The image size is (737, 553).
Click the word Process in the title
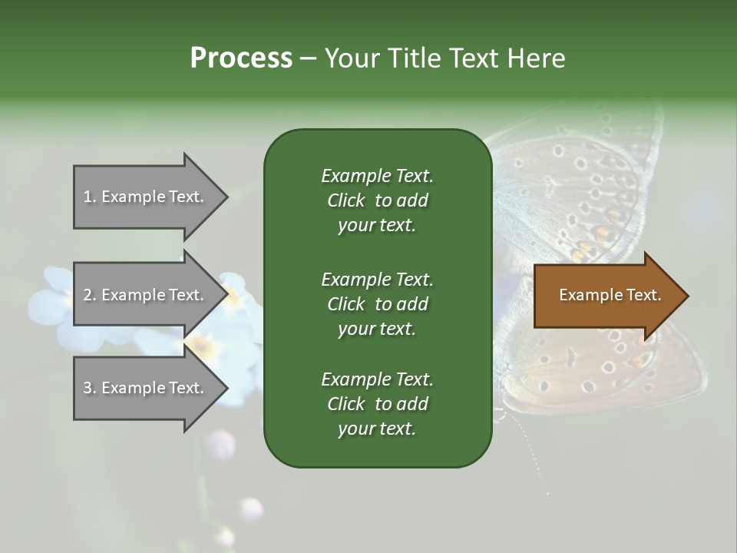coord(241,58)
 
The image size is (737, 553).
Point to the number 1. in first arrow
coord(89,197)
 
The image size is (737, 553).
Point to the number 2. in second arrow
coord(89,295)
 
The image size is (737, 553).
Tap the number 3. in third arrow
coord(89,388)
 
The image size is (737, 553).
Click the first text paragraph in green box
coord(377,200)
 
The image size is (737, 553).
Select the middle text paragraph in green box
coord(377,303)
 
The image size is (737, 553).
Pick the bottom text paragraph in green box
coord(377,404)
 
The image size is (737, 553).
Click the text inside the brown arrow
coord(610,295)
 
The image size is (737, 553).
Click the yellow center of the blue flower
coord(202,346)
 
